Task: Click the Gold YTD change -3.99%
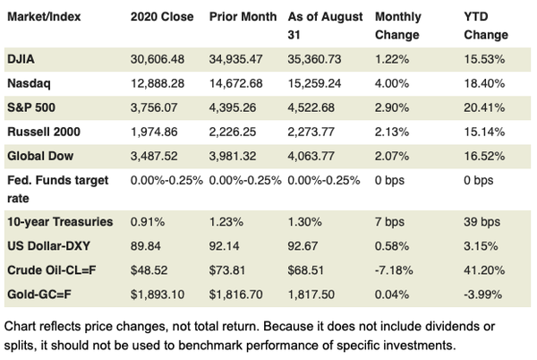click(x=483, y=291)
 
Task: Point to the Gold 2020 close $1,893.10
click(x=158, y=291)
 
